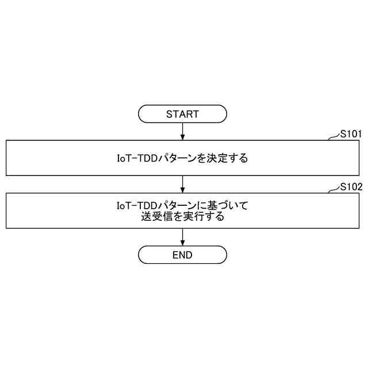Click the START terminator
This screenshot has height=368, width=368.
point(182,114)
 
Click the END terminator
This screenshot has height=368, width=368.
point(182,255)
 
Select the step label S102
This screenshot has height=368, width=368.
point(350,187)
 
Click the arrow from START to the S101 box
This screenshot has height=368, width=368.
point(182,131)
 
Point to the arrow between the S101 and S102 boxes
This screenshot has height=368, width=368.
point(182,184)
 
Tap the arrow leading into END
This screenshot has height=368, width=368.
point(182,237)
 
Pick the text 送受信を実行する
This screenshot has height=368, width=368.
point(182,218)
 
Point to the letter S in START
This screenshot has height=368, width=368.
point(169,114)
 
